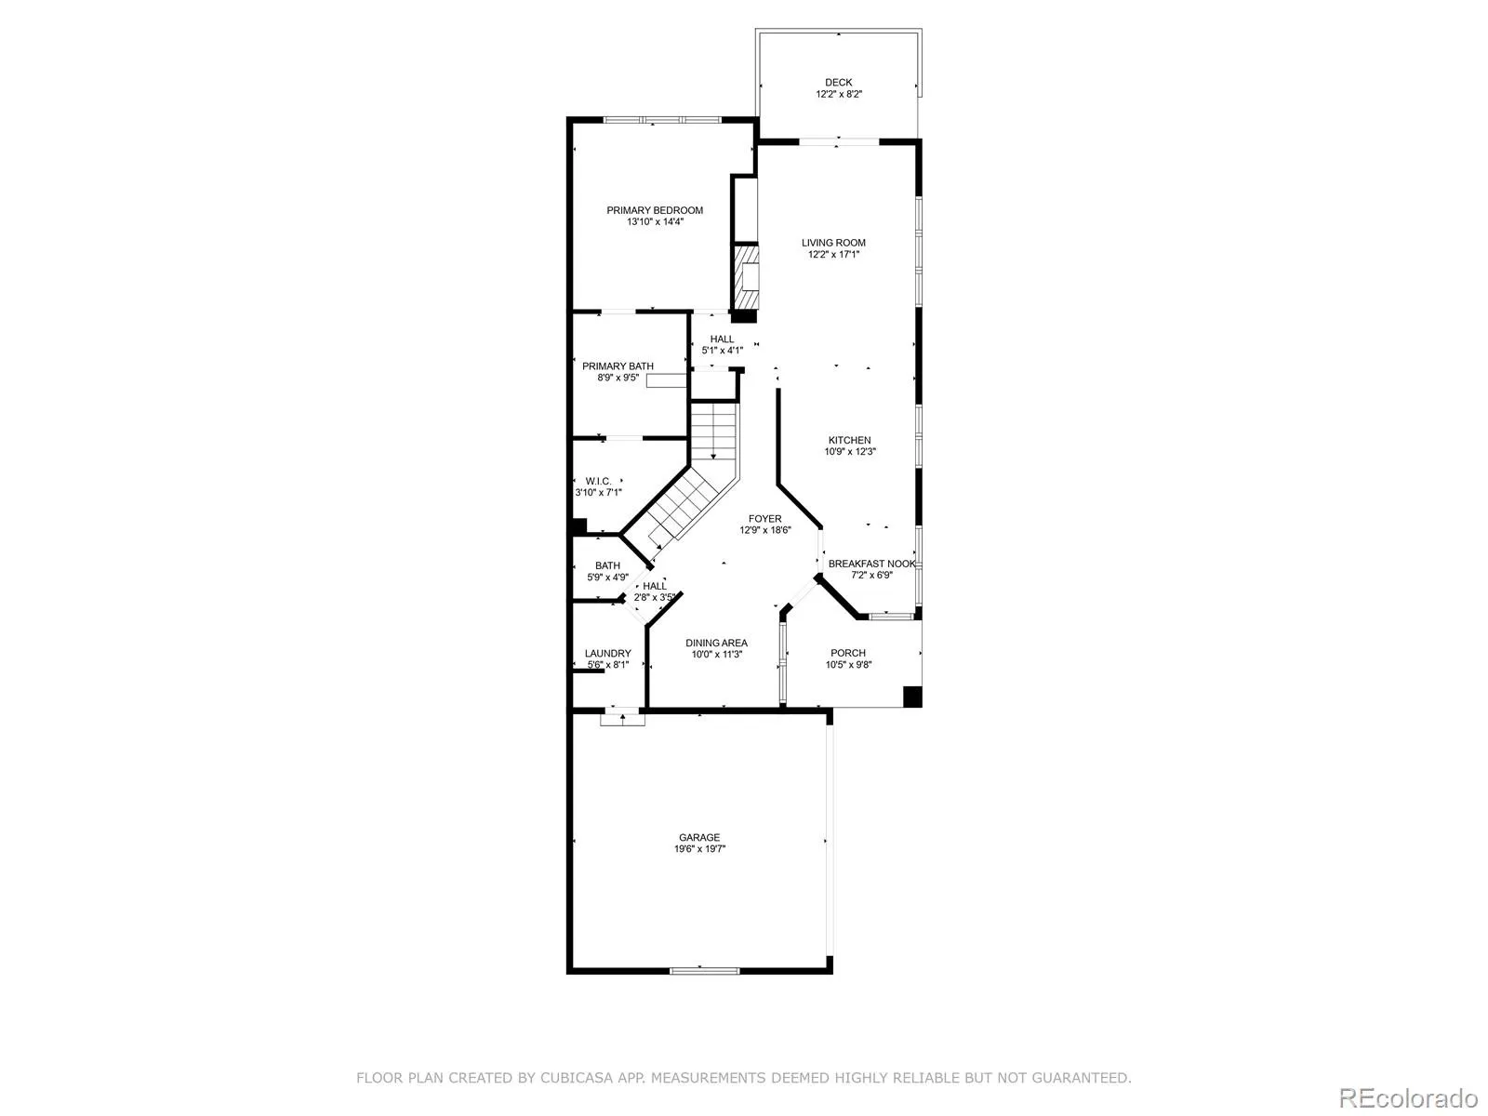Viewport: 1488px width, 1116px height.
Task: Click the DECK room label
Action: [839, 83]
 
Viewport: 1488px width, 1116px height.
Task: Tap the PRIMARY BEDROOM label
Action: [655, 210]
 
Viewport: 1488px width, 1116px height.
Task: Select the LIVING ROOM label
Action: [834, 243]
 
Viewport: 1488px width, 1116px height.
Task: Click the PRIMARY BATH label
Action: [618, 365]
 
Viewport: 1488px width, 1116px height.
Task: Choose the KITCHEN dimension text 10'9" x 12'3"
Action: [850, 452]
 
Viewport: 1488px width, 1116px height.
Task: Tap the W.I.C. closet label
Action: [599, 481]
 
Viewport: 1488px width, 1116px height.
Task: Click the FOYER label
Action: [765, 519]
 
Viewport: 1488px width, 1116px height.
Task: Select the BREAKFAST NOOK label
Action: [871, 564]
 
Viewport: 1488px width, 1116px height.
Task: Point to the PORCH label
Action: [848, 653]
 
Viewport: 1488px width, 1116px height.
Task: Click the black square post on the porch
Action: [912, 697]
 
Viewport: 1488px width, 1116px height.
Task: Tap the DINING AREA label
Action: [716, 643]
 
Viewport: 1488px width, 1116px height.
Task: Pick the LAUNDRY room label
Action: [608, 654]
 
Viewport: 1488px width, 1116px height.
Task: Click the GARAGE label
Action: [699, 838]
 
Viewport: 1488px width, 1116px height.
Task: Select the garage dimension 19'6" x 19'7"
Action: [699, 849]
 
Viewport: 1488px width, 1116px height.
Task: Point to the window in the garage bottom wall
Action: [704, 971]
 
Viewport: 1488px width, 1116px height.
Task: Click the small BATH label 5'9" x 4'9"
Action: [608, 571]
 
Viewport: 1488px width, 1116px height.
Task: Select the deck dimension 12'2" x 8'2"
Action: [839, 94]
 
